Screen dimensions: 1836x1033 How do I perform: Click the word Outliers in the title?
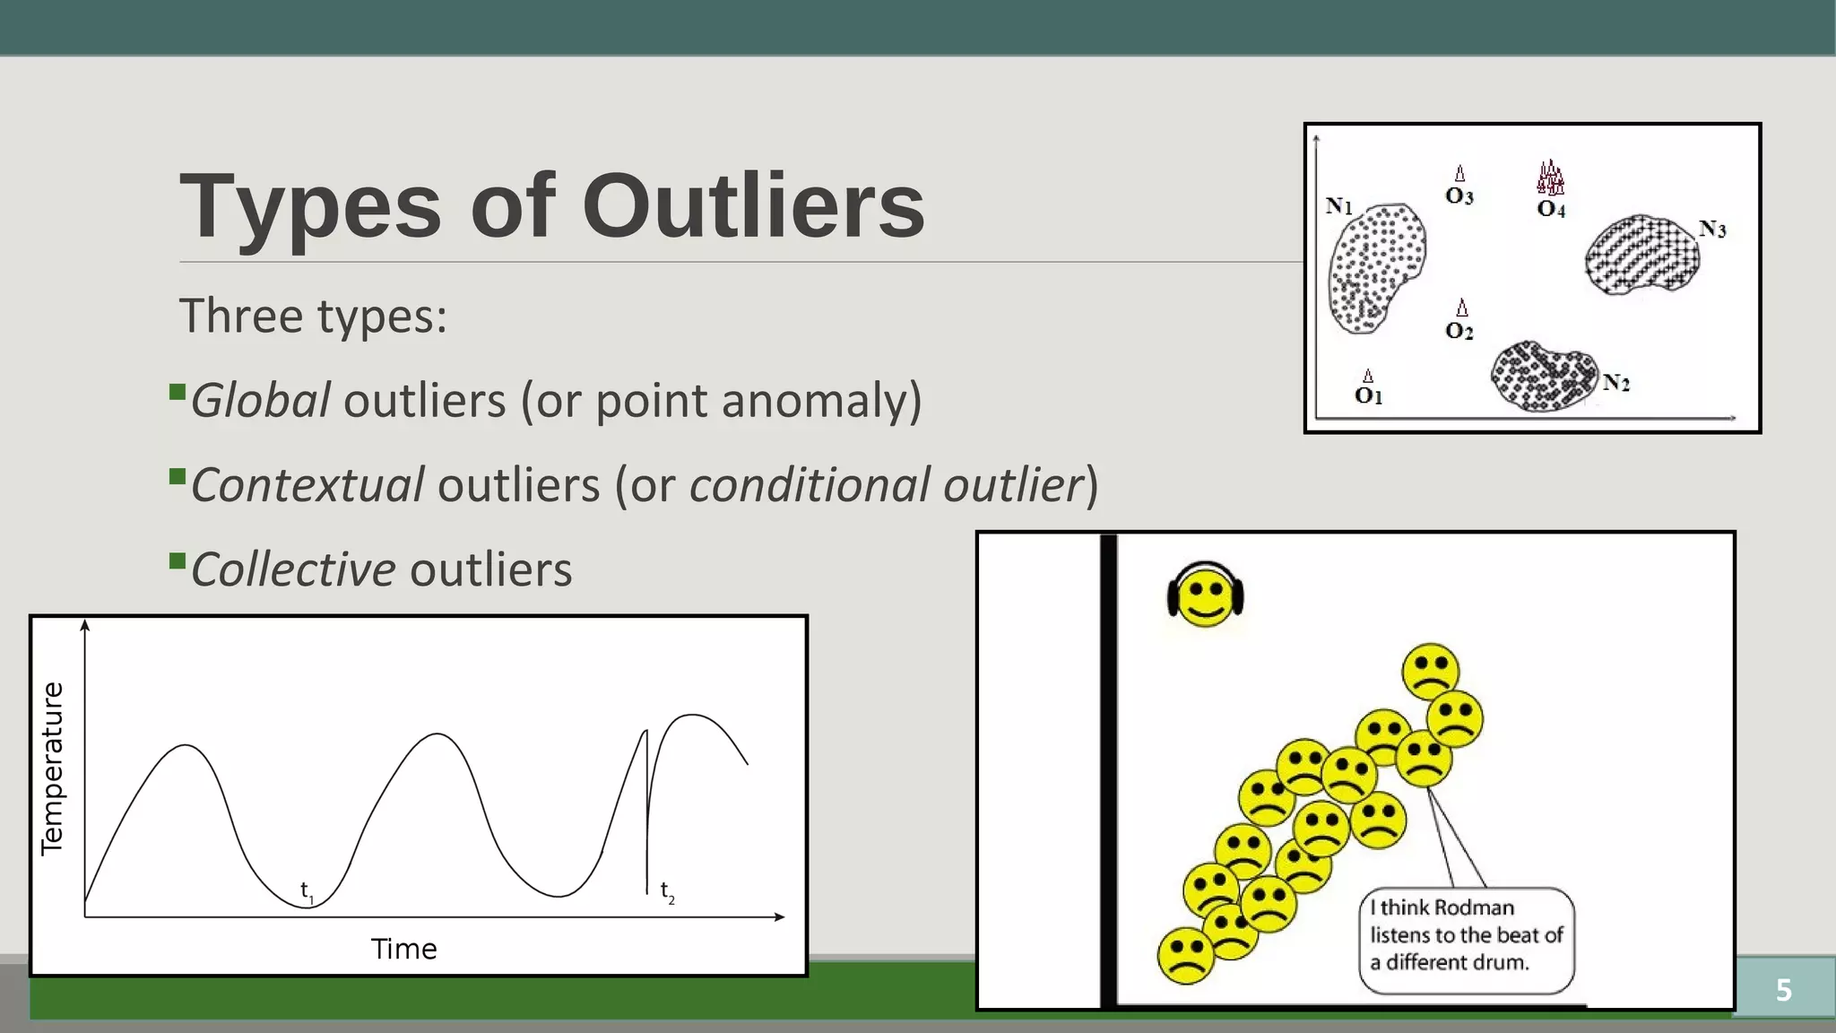753,206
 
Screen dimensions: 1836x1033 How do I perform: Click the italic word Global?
260,400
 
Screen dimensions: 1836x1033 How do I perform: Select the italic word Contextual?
307,485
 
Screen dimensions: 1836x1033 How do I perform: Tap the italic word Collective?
292,569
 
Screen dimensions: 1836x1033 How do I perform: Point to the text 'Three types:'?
313,316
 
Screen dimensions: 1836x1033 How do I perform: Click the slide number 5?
1783,990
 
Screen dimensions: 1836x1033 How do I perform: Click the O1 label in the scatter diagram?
1368,395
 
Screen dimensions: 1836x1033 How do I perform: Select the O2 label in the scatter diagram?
1459,331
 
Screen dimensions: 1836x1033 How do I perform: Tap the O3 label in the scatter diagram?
1459,195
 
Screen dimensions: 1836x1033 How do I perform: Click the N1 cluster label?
1338,206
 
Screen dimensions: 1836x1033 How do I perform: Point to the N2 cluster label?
1615,383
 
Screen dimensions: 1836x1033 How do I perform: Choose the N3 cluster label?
1711,229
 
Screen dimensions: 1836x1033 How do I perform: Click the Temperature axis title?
53,768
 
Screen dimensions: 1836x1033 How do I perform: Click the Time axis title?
403,949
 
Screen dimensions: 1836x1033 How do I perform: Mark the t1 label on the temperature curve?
307,891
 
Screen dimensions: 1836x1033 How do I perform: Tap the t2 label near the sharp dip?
667,891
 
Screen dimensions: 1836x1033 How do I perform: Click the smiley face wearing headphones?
1205,595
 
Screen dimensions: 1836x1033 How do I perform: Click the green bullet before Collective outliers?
177,562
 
